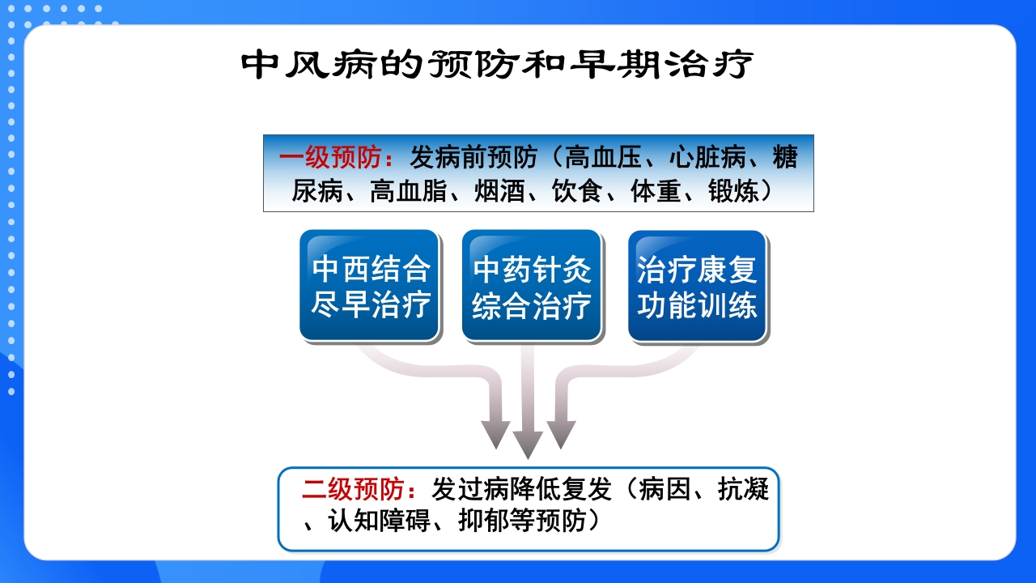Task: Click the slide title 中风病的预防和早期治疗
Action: [497, 66]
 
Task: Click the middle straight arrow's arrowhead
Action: [528, 444]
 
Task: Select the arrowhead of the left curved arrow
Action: [495, 434]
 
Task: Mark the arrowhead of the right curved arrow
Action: [561, 434]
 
